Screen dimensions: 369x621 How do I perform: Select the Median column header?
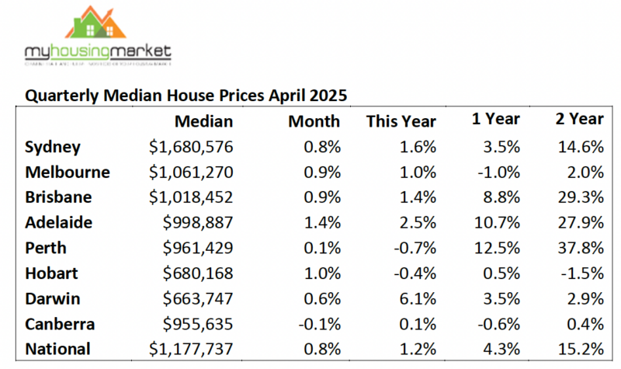click(203, 120)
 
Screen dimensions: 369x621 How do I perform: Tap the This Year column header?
click(401, 121)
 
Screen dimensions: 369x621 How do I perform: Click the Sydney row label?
click(53, 147)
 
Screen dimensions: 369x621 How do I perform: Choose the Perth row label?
click(47, 248)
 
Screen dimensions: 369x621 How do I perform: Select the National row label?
click(57, 349)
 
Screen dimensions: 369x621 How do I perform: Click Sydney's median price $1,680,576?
click(190, 147)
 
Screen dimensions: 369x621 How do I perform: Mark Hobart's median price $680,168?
click(198, 273)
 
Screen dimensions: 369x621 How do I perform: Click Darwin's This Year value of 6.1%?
click(419, 298)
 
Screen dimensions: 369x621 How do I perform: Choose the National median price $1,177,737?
click(190, 349)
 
